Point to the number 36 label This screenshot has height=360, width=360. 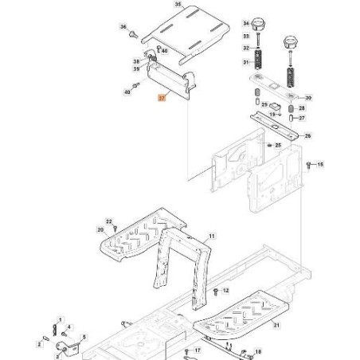coord(123,27)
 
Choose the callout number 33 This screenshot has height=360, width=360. coord(245,37)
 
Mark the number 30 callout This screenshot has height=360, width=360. coord(309,97)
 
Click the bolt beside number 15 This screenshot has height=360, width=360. coord(309,164)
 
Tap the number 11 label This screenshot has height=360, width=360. coord(212,237)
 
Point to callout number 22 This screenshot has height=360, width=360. coord(110,220)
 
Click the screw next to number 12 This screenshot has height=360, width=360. coord(216,292)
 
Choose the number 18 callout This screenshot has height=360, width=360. coord(256,351)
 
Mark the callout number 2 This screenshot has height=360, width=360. coord(38,343)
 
